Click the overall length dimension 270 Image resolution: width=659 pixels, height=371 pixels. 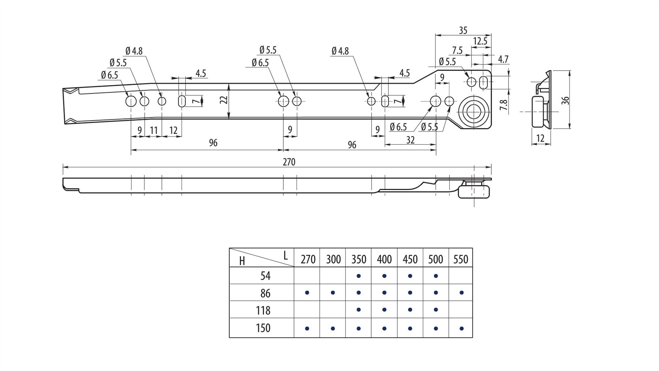click(288, 162)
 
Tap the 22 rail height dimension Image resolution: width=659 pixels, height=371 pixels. click(224, 100)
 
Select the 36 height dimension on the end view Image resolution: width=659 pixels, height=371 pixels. click(566, 100)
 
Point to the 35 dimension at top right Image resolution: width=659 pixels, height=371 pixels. click(463, 30)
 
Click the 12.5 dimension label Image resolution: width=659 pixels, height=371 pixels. click(480, 41)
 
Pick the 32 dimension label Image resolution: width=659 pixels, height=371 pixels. click(410, 140)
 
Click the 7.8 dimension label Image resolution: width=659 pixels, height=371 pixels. click(504, 105)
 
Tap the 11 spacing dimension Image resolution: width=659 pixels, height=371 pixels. click(153, 130)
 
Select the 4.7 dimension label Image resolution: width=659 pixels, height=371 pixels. click(503, 59)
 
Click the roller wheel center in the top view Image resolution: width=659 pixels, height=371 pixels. click(474, 112)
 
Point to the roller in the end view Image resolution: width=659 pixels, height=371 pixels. click(538, 111)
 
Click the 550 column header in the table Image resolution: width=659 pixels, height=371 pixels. click(461, 259)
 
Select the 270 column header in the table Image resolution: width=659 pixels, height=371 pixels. click(308, 259)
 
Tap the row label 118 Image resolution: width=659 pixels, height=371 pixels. click(263, 311)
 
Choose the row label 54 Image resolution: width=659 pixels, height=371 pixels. click(265, 276)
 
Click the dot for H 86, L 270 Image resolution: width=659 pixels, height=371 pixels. click(307, 293)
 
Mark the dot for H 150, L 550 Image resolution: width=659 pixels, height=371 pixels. click(461, 329)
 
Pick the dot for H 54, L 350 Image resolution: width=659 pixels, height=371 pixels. click(359, 276)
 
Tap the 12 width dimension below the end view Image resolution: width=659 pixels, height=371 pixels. click(540, 138)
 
